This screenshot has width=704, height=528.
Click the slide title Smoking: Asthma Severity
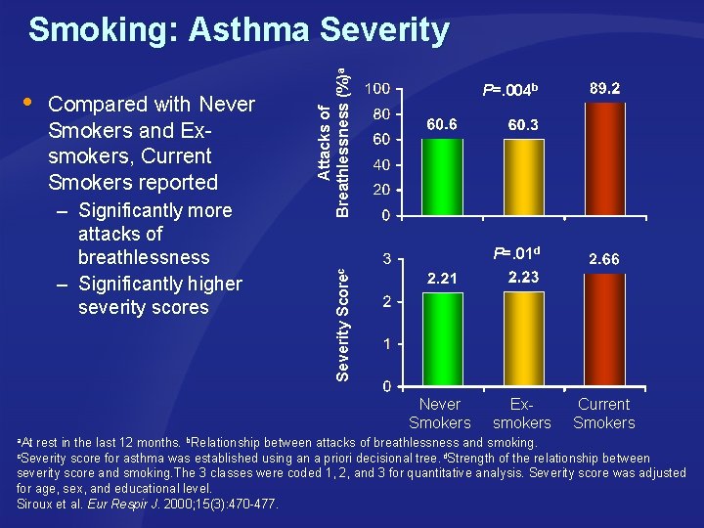(239, 30)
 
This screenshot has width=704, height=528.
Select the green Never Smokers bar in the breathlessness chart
(443, 176)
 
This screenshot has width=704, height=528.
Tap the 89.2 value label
(603, 88)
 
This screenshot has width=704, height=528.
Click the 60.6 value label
(441, 124)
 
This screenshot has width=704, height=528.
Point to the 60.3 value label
(523, 125)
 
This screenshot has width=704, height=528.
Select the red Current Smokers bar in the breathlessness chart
(604, 157)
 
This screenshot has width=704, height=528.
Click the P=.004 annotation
(509, 91)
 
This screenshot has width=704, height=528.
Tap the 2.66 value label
(604, 259)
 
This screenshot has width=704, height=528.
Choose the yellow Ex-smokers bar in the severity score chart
(523, 338)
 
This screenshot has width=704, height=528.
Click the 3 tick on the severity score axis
(387, 259)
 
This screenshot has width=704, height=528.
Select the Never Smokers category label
(440, 414)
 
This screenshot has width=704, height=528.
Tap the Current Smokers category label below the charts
(604, 414)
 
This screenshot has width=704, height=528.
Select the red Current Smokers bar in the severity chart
(604, 330)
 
